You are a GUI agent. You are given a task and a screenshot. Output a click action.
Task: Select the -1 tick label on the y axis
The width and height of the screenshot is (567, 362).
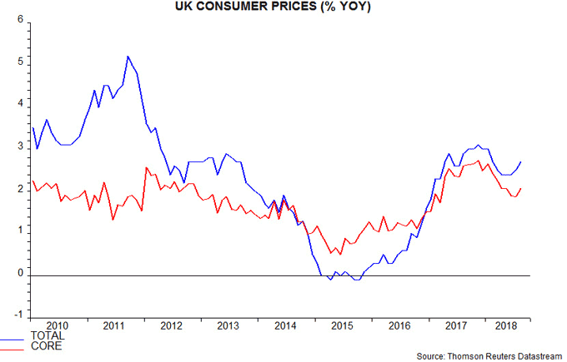[x=17, y=316]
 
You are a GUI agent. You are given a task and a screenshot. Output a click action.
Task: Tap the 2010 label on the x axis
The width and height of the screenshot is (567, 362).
[x=57, y=325]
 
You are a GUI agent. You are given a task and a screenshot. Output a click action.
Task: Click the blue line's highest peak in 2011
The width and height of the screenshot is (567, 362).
[x=127, y=57]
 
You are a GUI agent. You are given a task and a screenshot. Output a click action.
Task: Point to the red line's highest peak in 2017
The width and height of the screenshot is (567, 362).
[x=478, y=161]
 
